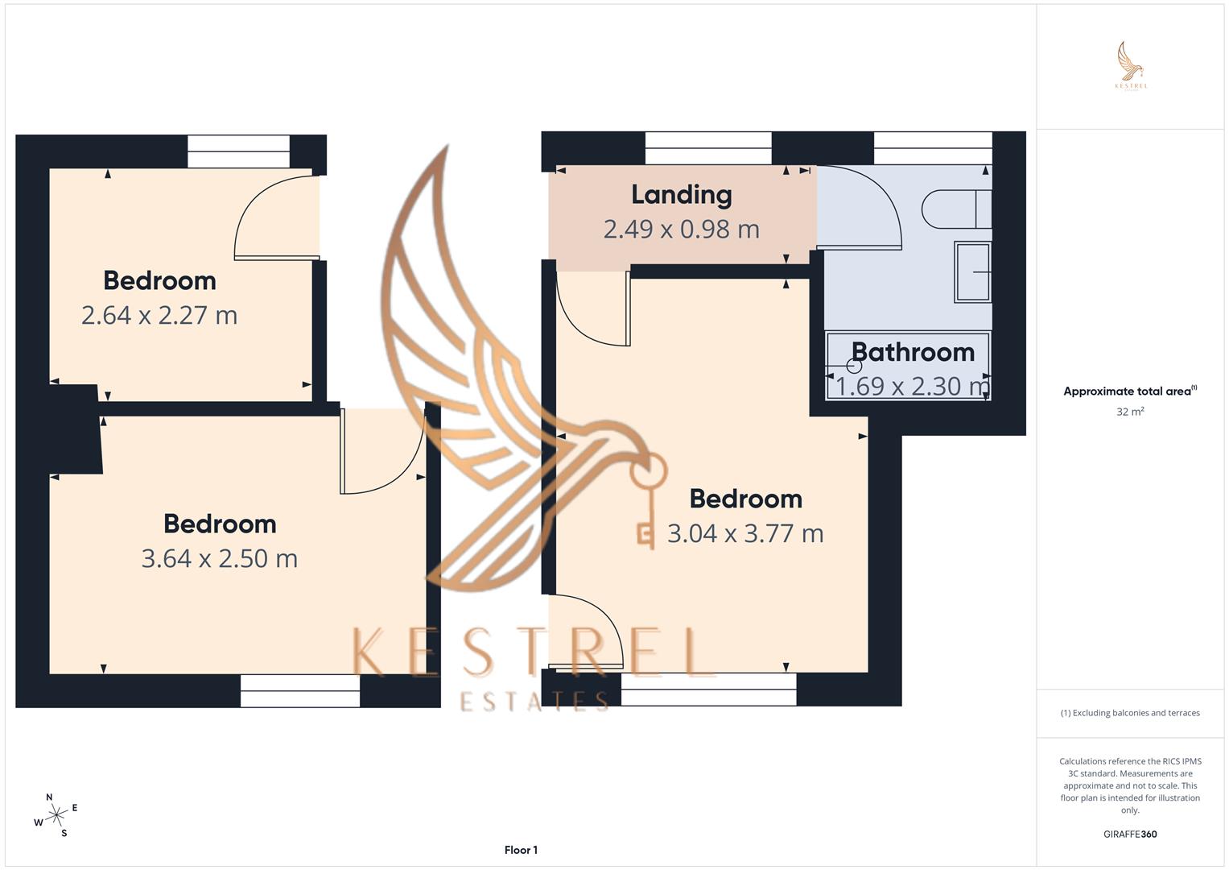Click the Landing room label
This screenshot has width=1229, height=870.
(682, 195)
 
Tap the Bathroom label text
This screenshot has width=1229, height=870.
(913, 352)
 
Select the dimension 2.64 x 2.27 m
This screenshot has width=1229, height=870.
(159, 315)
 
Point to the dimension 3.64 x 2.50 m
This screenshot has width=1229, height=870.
(220, 558)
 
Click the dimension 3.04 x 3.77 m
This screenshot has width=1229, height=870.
(745, 533)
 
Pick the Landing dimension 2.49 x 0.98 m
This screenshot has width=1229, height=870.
(682, 229)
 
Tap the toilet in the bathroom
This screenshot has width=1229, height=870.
(957, 209)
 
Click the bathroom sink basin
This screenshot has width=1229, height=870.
(972, 272)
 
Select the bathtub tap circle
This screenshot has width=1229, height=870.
(854, 366)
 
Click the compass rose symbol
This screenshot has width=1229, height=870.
(56, 815)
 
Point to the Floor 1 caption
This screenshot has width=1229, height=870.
(521, 850)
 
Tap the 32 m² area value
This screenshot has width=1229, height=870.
(1130, 412)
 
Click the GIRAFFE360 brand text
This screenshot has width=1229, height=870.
(1130, 834)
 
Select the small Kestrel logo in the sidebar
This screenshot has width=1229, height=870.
(1131, 66)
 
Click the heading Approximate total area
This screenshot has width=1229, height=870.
(1130, 391)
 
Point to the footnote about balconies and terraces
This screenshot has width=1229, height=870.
(1130, 713)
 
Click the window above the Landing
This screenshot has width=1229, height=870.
(708, 148)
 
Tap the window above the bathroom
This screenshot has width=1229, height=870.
(933, 148)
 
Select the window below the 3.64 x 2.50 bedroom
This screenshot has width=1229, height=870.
(300, 691)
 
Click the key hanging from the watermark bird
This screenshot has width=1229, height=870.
(648, 499)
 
